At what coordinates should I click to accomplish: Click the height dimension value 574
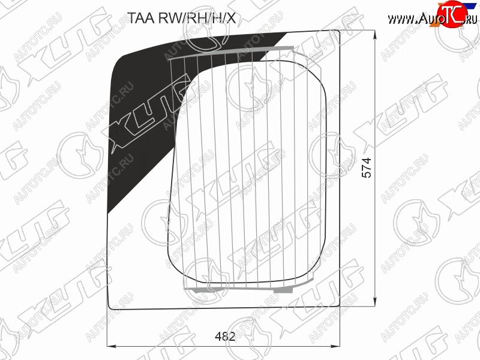(x=366, y=167)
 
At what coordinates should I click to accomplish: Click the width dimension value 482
(x=225, y=337)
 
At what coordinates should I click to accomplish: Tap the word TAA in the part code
(x=137, y=19)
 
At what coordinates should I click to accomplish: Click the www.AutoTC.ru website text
(x=432, y=19)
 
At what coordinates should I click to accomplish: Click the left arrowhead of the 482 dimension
(x=112, y=346)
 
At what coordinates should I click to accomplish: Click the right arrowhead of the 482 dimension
(x=336, y=346)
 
